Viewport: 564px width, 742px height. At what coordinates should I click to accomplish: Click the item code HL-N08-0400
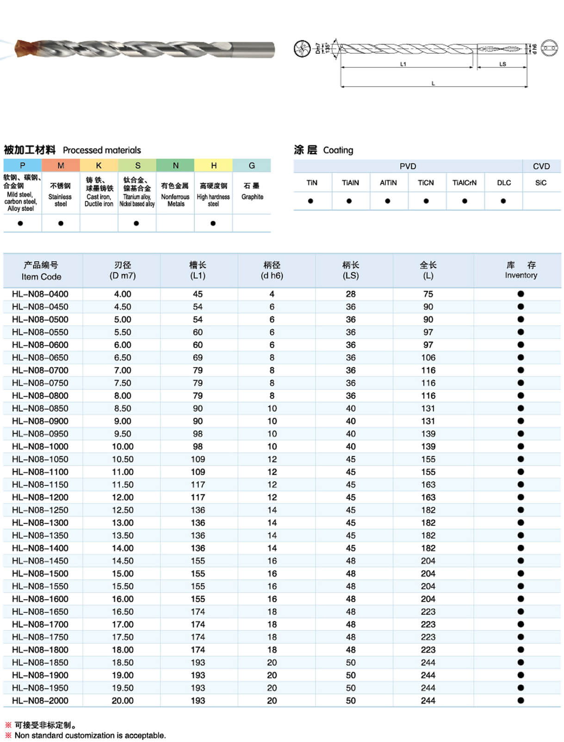click(x=40, y=294)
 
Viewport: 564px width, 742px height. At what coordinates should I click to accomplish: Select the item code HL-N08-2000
click(x=40, y=701)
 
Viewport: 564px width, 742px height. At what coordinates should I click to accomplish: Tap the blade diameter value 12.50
click(x=123, y=510)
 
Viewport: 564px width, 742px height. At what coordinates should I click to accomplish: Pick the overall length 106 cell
click(x=428, y=358)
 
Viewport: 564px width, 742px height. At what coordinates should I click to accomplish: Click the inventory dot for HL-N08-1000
click(x=521, y=446)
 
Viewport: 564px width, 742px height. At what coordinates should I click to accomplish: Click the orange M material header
click(x=61, y=165)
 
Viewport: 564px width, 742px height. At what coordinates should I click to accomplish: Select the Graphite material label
click(x=252, y=197)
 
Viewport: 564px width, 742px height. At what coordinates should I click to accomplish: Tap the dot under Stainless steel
click(x=61, y=223)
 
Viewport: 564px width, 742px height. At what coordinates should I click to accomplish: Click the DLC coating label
click(x=504, y=182)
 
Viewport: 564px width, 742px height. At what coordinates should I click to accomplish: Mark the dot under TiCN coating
click(x=426, y=201)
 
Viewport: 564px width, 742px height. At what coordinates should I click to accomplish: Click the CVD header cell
click(x=541, y=166)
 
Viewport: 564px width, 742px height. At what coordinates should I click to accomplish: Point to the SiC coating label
click(x=541, y=182)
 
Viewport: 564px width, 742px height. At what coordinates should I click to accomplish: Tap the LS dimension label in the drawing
click(x=502, y=64)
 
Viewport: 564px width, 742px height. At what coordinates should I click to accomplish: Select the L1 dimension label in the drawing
click(x=403, y=64)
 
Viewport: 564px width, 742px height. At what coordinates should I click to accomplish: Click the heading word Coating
click(x=338, y=150)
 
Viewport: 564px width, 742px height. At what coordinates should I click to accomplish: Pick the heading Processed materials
click(x=102, y=150)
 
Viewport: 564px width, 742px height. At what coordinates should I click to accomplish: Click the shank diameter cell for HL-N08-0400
click(x=272, y=294)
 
